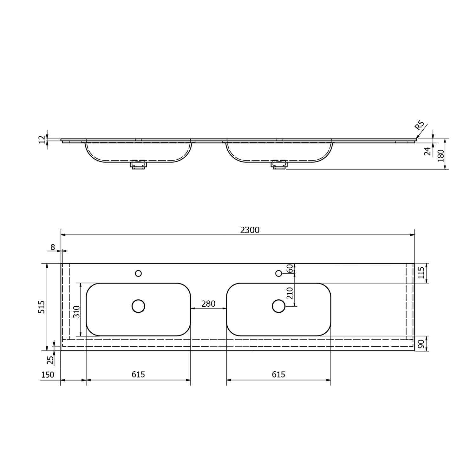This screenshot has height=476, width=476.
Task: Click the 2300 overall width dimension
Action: click(x=250, y=230)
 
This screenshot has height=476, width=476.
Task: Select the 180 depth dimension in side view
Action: click(x=441, y=156)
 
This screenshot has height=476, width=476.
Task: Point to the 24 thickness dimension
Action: click(x=428, y=151)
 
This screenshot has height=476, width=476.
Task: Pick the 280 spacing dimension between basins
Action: click(x=208, y=304)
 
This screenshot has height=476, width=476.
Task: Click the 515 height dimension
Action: click(x=42, y=307)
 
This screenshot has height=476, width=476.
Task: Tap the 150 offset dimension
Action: click(x=48, y=375)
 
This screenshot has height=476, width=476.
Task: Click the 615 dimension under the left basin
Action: click(x=138, y=375)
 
